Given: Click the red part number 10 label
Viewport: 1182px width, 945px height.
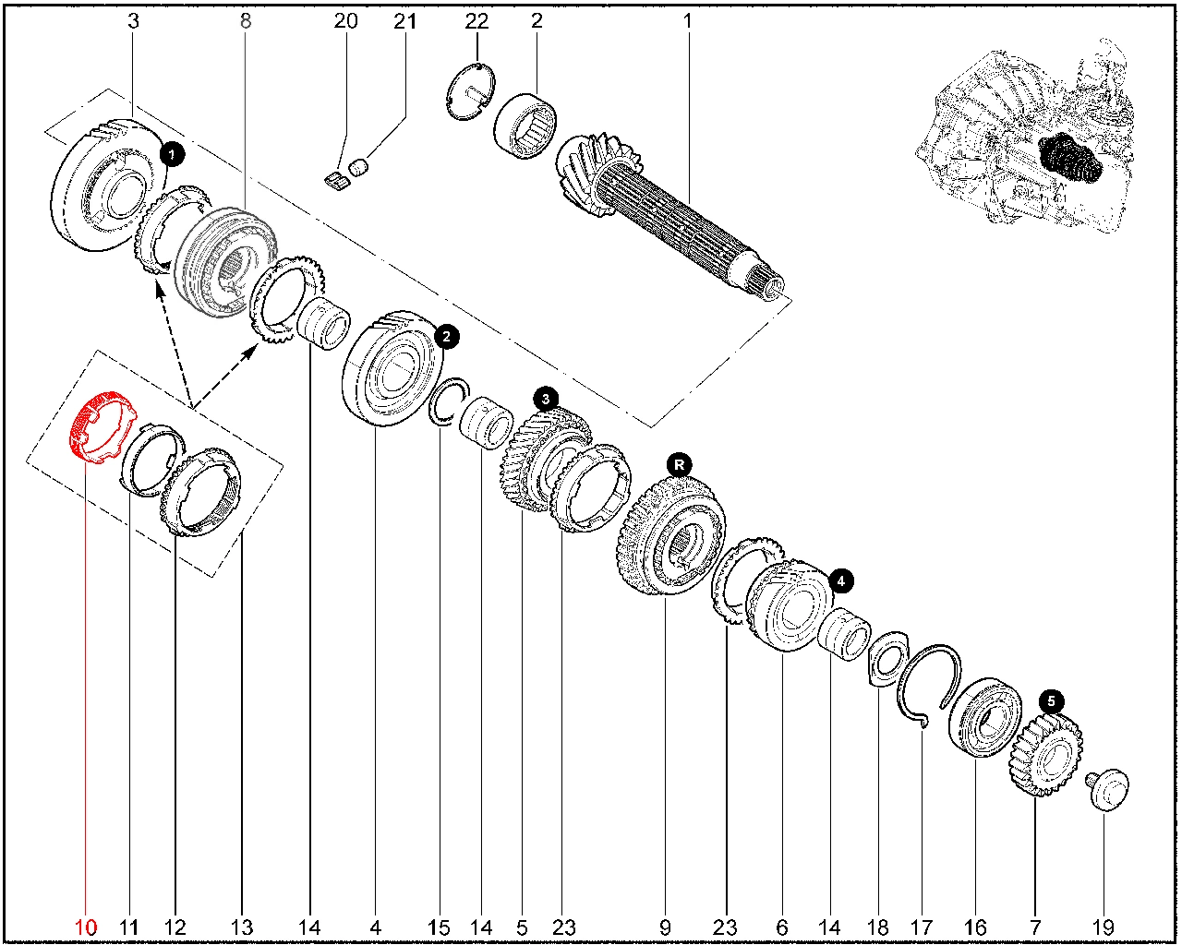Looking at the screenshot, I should click(85, 927).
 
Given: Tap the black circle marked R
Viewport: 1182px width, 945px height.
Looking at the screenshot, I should click(680, 464).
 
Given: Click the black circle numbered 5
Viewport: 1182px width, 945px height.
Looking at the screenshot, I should click(1051, 701).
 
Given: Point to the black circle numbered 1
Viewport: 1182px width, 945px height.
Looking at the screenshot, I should click(173, 154).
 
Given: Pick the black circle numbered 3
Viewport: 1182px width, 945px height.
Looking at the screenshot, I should click(547, 399).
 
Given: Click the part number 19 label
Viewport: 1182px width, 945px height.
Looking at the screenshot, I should click(1103, 927).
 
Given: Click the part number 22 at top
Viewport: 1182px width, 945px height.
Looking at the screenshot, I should click(476, 20).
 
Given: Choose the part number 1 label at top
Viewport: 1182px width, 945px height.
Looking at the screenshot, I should click(687, 20).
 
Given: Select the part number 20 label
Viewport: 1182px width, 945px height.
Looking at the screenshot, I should click(345, 20).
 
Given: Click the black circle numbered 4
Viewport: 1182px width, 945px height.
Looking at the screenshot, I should click(841, 581).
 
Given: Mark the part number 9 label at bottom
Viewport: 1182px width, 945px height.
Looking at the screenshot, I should click(665, 927).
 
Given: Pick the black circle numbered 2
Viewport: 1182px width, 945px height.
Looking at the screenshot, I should click(446, 337).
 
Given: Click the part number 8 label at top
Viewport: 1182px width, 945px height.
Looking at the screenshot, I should click(245, 20).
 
